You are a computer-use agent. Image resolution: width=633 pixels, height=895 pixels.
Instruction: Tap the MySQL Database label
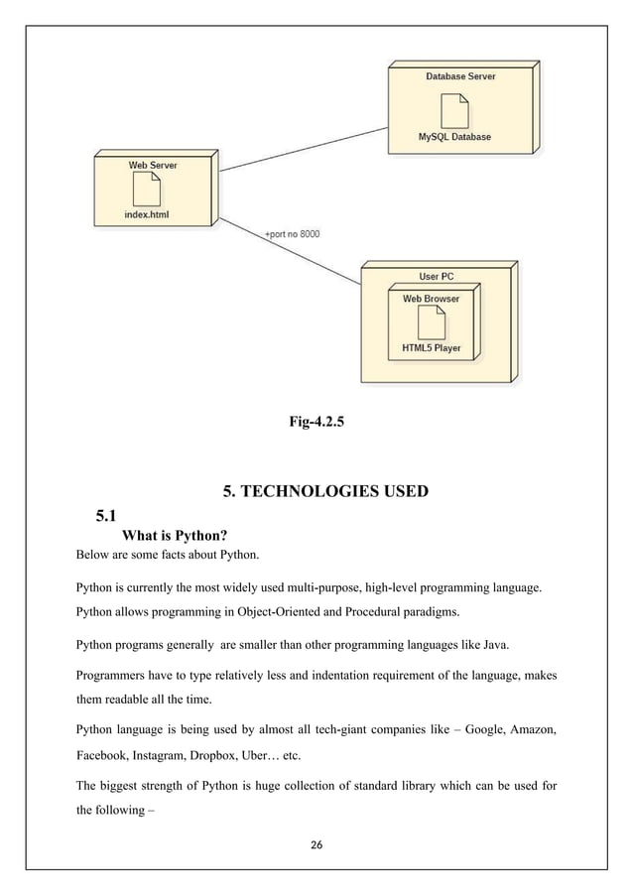[453, 137]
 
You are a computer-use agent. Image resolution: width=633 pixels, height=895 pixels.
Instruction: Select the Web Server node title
[153, 165]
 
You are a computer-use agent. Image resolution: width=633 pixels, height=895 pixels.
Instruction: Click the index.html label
[147, 213]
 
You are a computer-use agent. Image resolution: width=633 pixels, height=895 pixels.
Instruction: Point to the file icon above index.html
[147, 189]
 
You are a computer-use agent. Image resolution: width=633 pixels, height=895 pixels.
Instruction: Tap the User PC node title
[437, 277]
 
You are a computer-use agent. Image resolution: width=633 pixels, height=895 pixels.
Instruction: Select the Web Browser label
[431, 298]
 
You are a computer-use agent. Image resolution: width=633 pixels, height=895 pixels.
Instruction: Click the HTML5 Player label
[431, 348]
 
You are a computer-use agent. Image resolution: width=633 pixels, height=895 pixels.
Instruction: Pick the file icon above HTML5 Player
[431, 322]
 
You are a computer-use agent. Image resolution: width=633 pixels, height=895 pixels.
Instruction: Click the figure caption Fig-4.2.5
[316, 423]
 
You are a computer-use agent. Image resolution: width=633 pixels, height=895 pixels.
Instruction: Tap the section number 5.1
[106, 515]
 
